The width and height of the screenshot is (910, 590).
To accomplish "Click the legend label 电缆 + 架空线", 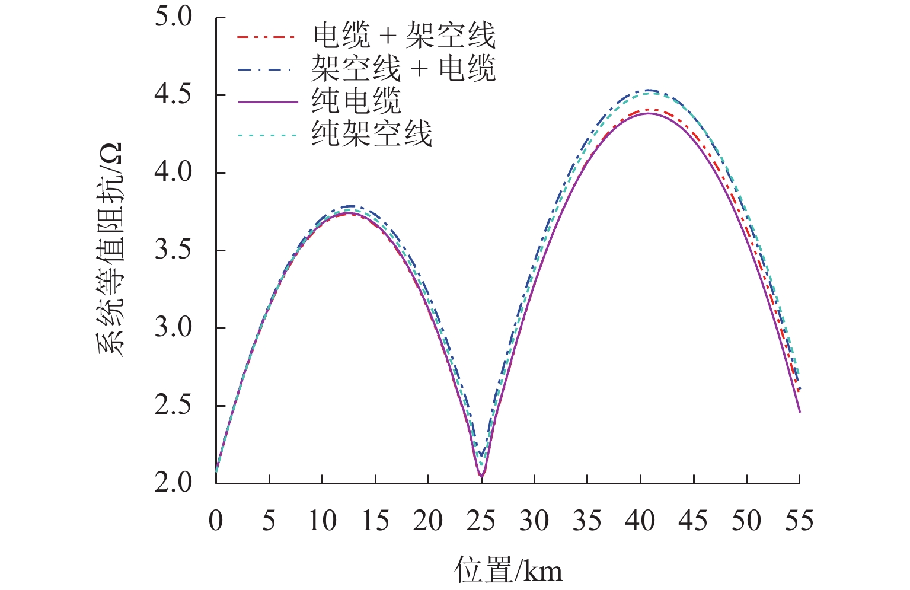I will (x=404, y=36).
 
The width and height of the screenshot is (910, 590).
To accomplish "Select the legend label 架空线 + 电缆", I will (x=404, y=68).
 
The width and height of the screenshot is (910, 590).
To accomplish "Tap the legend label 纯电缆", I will (x=357, y=101).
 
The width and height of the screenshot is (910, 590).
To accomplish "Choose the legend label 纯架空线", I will (x=372, y=133).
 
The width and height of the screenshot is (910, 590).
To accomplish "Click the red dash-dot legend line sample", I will (x=266, y=37).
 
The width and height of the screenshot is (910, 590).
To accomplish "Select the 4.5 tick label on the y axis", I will (x=174, y=95).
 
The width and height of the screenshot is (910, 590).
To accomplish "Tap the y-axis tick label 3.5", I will (x=174, y=250).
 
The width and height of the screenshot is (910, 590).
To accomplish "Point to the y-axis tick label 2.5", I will (x=174, y=406).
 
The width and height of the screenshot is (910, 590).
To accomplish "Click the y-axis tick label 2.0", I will (x=174, y=483).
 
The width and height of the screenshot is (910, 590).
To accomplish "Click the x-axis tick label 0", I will (x=216, y=521).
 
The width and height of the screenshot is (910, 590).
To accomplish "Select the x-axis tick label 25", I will (x=481, y=521).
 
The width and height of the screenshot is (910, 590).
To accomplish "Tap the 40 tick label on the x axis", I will (x=640, y=521).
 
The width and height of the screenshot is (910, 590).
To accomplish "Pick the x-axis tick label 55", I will (x=799, y=521).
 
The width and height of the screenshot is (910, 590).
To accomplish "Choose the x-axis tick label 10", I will (x=322, y=521).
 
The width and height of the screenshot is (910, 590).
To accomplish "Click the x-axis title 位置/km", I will (x=508, y=570).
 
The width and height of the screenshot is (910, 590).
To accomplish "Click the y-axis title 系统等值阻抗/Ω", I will (x=110, y=249).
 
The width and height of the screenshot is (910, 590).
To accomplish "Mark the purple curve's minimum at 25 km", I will (x=481, y=476).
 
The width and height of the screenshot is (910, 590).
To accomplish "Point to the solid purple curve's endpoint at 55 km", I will (x=800, y=412).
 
